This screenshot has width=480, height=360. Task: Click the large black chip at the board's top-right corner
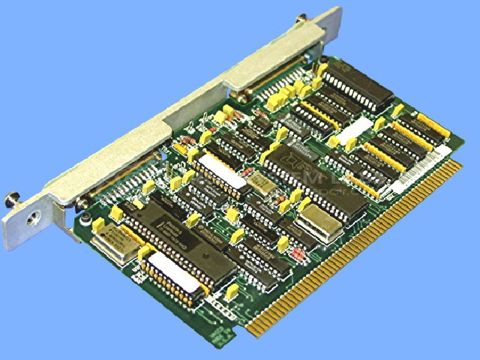click(x=358, y=84)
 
